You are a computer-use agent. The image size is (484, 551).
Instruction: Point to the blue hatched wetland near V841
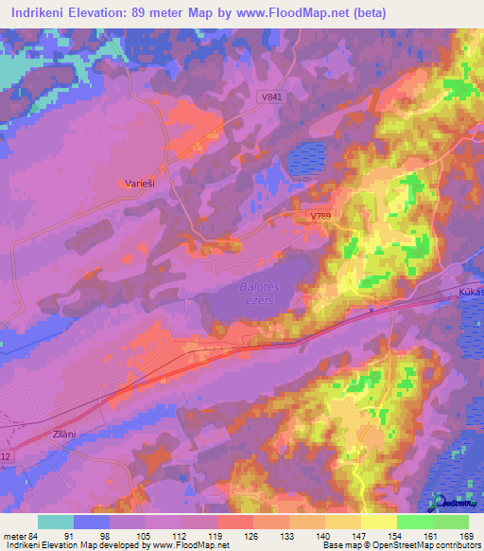click(306, 157)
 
